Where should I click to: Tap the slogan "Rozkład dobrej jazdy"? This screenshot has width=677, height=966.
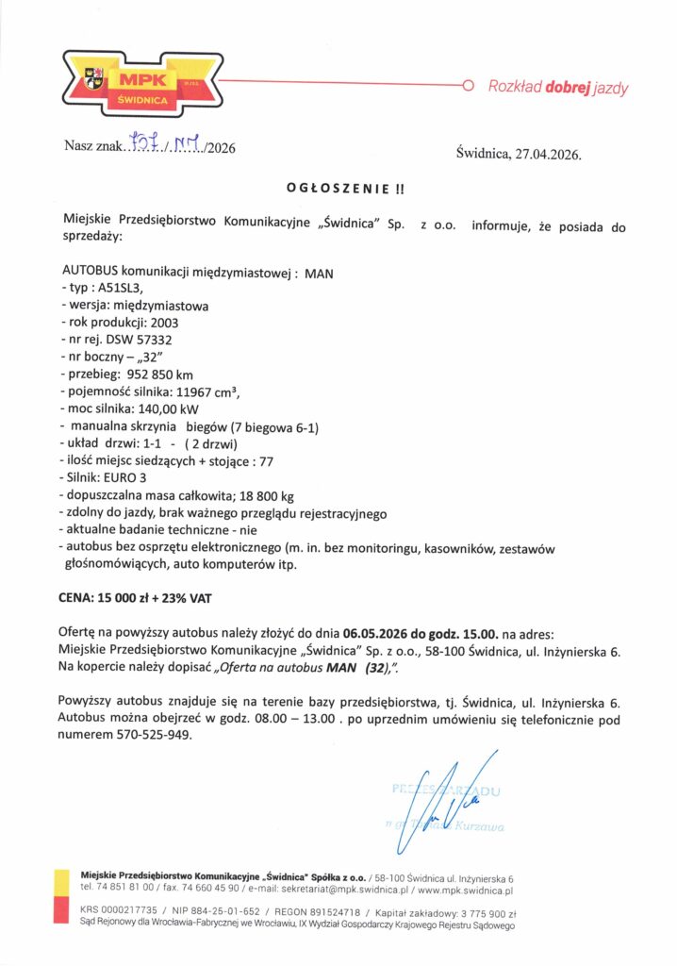coord(557,88)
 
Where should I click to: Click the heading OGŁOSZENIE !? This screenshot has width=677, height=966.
coord(344,189)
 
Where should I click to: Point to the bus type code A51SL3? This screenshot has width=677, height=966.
coord(118,290)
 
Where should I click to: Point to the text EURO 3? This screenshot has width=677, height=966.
coord(124,477)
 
